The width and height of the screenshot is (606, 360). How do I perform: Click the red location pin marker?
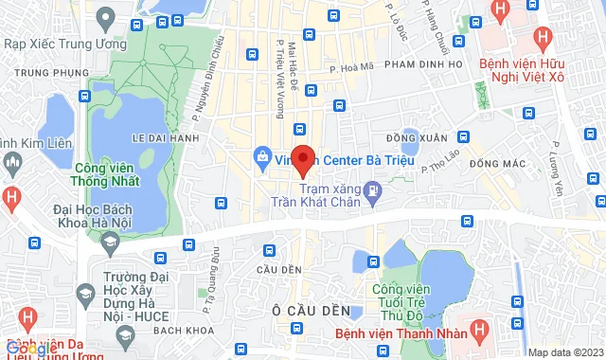(x=302, y=159)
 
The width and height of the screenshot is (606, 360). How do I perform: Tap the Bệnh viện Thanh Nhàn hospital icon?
(x=480, y=333)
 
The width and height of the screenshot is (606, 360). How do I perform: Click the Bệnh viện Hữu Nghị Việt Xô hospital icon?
(x=542, y=39)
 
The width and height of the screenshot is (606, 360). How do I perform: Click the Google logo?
(x=30, y=349)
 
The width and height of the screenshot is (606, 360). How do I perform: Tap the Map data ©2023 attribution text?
(x=564, y=352)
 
